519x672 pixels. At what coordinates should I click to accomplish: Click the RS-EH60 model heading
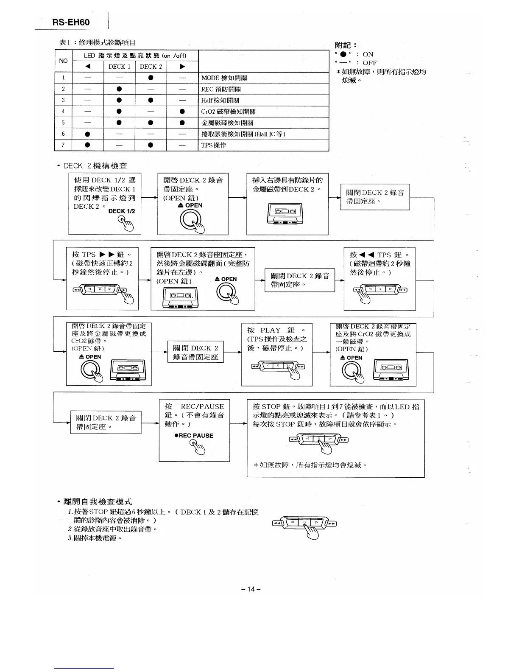(x=71, y=22)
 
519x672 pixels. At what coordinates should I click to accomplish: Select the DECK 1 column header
(x=119, y=67)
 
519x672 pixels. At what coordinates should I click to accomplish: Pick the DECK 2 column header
(x=151, y=67)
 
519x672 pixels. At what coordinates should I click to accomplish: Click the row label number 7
(x=63, y=145)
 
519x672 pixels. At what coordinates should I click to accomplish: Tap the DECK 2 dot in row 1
(x=151, y=78)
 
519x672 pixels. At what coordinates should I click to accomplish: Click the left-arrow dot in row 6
(x=88, y=134)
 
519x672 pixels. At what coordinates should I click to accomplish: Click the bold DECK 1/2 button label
(x=122, y=211)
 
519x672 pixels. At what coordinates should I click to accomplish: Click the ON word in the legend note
(x=368, y=54)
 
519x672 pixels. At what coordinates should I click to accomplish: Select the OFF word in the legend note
(x=370, y=63)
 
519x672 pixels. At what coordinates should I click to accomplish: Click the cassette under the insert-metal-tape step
(x=286, y=213)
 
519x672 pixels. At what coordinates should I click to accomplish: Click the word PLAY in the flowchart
(x=270, y=330)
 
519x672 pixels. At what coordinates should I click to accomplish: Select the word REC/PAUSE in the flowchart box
(x=202, y=406)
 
